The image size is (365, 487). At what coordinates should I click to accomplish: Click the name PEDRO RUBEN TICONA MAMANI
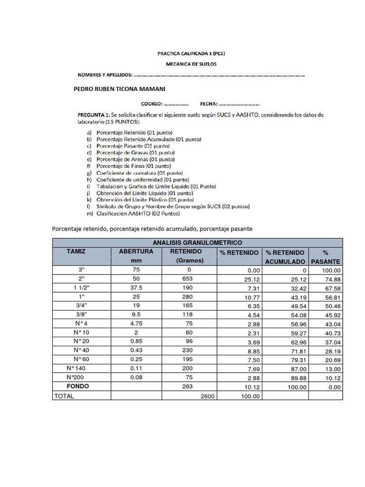coord(120,89)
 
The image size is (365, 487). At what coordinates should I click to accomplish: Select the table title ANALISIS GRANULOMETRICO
coord(197,243)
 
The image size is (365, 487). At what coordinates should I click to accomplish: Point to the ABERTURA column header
coord(136,251)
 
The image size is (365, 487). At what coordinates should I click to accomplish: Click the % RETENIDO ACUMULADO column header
coord(285,257)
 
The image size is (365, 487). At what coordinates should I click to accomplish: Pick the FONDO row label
coord(77,387)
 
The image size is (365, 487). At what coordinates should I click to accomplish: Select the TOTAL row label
coord(64,396)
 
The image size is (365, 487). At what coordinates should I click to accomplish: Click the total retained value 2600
coord(208,396)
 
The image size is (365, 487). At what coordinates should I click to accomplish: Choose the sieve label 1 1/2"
coord(81,288)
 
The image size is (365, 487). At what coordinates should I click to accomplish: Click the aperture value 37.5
coord(136,288)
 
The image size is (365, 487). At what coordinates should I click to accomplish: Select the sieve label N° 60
coord(81,359)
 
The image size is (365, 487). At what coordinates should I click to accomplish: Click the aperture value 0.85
coord(136,341)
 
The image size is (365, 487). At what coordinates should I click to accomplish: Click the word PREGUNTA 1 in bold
coord(94,115)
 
